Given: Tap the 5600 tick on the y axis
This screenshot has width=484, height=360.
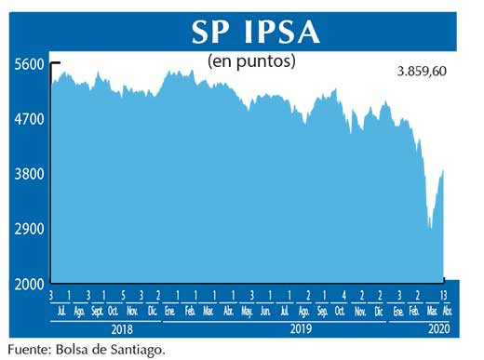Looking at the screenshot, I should click(x=29, y=64).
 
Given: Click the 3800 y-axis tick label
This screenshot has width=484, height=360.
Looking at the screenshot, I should click(x=29, y=174).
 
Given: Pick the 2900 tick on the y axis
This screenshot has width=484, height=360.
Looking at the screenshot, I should click(x=29, y=229).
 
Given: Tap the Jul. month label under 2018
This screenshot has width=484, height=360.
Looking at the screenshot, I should click(x=60, y=310).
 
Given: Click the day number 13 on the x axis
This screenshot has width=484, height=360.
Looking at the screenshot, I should click(x=442, y=295).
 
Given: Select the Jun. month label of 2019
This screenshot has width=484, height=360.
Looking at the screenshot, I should click(x=266, y=310).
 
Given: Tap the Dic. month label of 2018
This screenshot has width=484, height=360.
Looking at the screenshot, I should click(x=151, y=310).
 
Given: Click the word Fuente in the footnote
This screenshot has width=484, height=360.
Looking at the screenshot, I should click(x=29, y=351).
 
